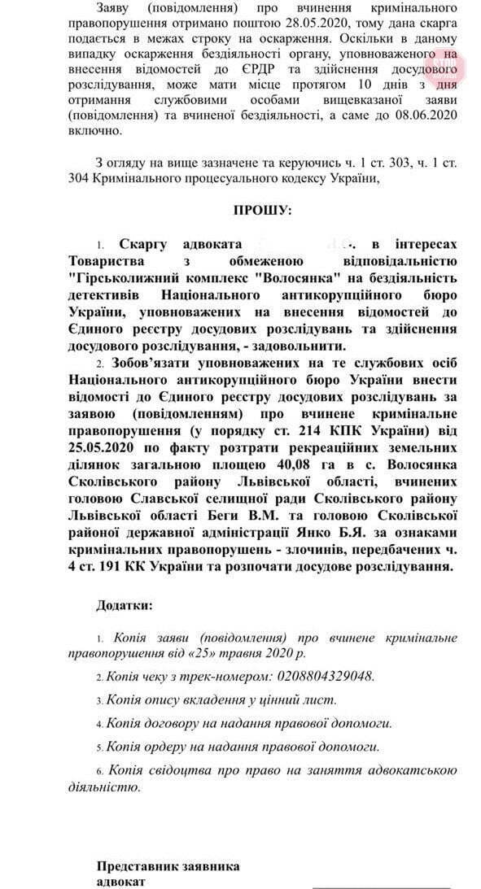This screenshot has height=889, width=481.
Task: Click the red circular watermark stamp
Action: [443, 65]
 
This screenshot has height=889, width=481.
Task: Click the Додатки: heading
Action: [124, 606]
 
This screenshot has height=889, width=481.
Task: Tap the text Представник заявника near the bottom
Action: [168, 866]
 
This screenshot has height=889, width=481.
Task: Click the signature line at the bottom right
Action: [381, 885]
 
